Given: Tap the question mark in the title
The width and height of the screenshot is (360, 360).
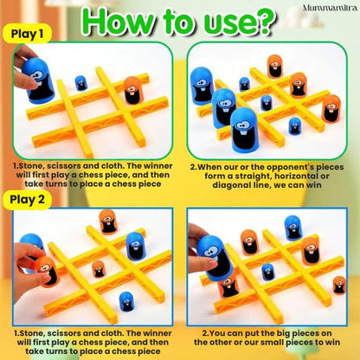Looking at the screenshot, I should click(274, 21).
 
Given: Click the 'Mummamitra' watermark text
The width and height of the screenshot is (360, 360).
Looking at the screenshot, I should click(326, 8).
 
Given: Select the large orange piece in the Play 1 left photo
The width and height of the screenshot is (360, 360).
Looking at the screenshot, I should click(132, 89).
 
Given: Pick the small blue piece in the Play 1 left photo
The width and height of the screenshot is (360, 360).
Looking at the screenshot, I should click(80, 83).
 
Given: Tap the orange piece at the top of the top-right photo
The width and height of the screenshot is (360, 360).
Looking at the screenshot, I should click(274, 66).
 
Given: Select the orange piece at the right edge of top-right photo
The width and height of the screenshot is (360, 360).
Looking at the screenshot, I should click(331, 108).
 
